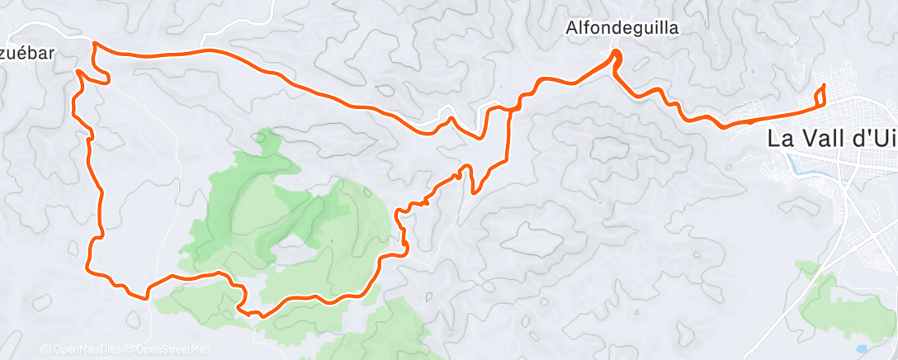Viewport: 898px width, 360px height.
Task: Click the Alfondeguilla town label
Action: [x=622, y=28]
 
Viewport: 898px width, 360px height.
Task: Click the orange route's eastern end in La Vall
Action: [x=824, y=86]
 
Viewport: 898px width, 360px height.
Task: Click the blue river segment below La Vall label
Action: [x=795, y=163]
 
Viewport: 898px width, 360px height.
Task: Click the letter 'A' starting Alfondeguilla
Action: [x=571, y=28]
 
